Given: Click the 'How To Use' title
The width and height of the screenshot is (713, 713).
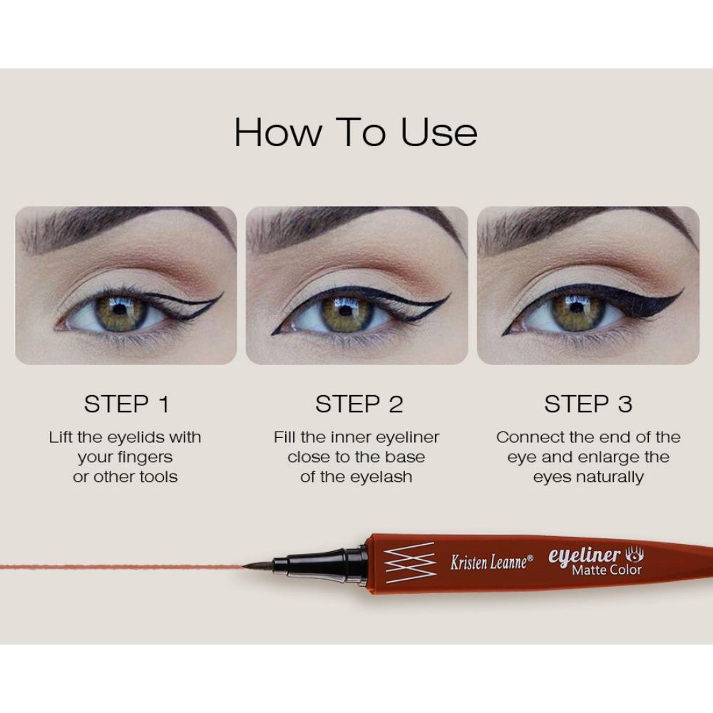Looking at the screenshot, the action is click(x=356, y=132).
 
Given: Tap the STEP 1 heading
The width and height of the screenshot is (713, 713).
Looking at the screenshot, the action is click(x=126, y=404).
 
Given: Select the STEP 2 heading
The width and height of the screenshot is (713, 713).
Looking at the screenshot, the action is click(x=359, y=404).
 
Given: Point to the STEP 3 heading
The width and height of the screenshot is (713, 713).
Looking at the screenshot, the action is click(x=588, y=404).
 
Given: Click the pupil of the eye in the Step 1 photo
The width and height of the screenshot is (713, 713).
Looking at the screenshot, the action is click(x=120, y=309).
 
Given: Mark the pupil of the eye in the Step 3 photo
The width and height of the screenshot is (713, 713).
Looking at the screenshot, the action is click(x=577, y=307).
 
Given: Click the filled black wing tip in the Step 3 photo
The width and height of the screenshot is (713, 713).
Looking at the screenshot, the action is click(x=682, y=290).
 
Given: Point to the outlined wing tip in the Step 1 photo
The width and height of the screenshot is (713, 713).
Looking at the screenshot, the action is click(x=222, y=293).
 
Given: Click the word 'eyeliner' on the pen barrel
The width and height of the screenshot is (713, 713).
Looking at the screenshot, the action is click(x=585, y=555).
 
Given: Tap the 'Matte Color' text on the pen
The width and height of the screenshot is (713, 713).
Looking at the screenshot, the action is click(x=607, y=570).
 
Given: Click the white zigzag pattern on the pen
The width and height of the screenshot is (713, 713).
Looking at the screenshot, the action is click(x=410, y=563).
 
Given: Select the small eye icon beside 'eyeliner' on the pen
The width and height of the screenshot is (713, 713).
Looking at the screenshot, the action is click(x=635, y=555).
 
